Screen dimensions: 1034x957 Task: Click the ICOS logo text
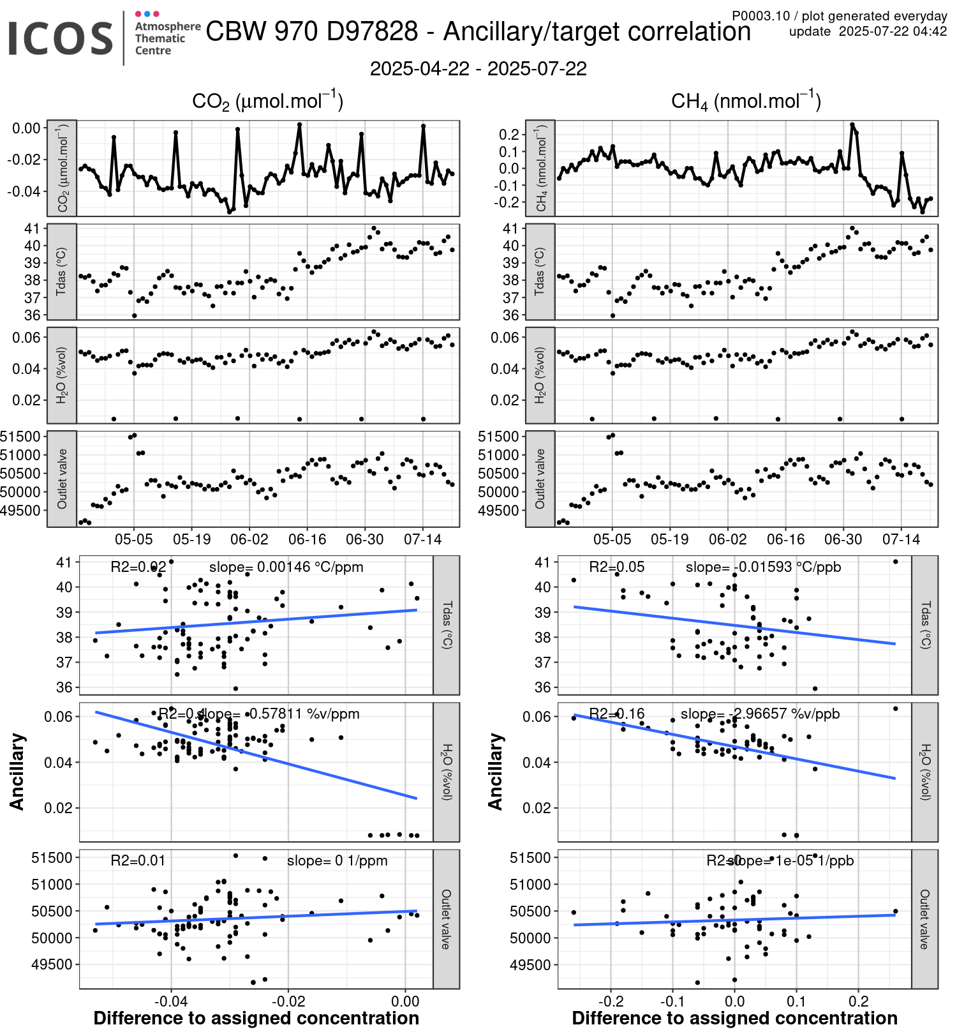click(x=61, y=38)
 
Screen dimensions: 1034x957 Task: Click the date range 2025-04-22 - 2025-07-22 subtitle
click(x=478, y=69)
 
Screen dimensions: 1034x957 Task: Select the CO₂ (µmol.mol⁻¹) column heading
click(x=267, y=101)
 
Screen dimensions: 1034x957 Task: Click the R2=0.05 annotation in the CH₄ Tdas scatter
click(x=616, y=567)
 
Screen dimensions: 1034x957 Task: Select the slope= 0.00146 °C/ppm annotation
click(x=286, y=567)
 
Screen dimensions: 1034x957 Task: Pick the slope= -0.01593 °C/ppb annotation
click(x=763, y=567)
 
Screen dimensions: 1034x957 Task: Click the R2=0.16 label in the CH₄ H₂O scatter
click(x=616, y=714)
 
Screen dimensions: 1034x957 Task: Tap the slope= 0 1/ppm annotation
click(x=337, y=860)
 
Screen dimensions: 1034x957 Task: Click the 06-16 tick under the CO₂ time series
click(x=307, y=539)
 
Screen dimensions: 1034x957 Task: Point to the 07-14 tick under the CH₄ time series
click(x=901, y=539)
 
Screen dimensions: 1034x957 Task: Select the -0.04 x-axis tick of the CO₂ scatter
click(x=171, y=1000)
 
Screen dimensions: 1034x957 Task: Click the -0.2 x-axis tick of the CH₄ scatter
click(x=611, y=1000)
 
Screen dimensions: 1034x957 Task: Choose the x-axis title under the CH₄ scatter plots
click(x=734, y=1018)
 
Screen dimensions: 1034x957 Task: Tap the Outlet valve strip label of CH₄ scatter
click(x=924, y=919)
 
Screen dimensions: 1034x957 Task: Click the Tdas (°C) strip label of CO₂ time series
click(x=62, y=271)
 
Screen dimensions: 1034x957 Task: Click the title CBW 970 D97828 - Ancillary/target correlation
click(x=478, y=31)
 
